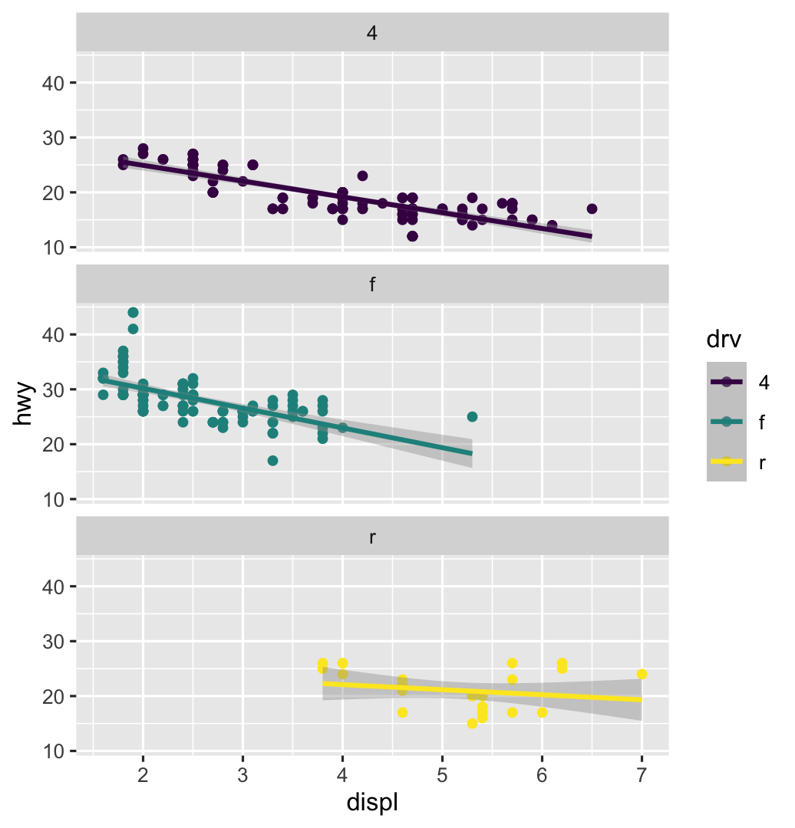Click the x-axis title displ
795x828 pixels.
[x=372, y=803]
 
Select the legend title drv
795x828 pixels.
[x=724, y=338]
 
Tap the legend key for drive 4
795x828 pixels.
[x=726, y=382]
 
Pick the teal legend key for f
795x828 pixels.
[x=726, y=422]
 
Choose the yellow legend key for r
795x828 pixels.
[x=726, y=462]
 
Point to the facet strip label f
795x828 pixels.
[x=372, y=285]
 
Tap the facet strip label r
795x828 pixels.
[x=372, y=537]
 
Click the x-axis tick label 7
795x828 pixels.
[x=642, y=774]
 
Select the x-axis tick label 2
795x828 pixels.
[x=143, y=774]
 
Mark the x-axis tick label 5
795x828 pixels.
[x=442, y=774]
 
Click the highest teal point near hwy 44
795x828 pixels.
[x=133, y=312]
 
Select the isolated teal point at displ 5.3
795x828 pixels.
[x=472, y=416]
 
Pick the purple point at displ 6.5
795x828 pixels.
[x=592, y=209]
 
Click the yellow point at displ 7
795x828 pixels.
[x=642, y=674]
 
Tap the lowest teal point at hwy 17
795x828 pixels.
[x=272, y=461]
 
